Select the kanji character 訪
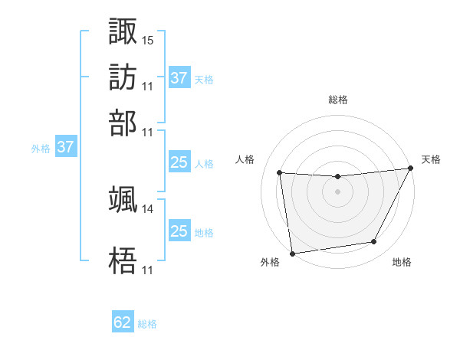(123, 77)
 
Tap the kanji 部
(123, 123)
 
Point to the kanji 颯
(123, 199)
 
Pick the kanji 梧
(123, 261)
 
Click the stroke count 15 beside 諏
(148, 39)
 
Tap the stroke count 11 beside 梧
(148, 270)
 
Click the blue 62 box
(123, 322)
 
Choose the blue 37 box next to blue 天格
(179, 78)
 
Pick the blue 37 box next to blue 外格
(65, 148)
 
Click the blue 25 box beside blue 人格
(179, 162)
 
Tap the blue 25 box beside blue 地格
(179, 231)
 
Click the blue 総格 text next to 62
(147, 324)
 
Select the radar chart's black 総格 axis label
(337, 100)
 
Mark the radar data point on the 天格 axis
(410, 169)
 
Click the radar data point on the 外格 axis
(291, 253)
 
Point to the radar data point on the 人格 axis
(280, 173)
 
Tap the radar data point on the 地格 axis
(374, 242)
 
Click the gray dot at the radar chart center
(337, 191)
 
